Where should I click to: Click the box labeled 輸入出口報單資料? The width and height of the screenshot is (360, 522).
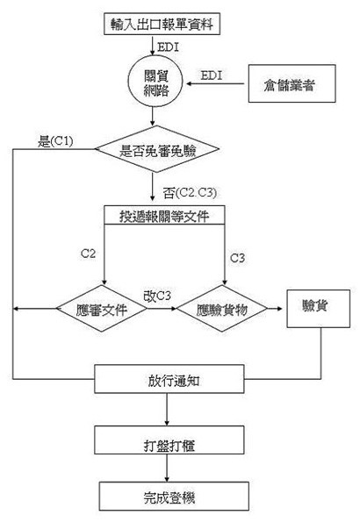tap(162, 24)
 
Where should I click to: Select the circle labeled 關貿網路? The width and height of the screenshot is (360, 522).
tap(155, 81)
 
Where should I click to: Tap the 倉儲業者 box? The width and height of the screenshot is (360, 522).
tap(292, 83)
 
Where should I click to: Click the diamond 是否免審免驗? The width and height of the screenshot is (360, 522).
tap(157, 149)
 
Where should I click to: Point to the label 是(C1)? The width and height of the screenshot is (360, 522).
tap(55, 141)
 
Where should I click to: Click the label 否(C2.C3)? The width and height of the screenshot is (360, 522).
tap(190, 192)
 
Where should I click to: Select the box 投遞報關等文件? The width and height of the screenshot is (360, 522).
tap(164, 215)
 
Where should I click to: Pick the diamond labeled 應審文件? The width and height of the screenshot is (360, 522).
tap(101, 309)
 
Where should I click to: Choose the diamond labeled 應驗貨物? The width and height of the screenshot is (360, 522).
tap(222, 309)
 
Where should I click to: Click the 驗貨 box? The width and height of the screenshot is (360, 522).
tap(319, 309)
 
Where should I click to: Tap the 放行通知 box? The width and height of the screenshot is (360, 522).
tap(169, 379)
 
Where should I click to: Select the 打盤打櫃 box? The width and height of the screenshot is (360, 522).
tap(169, 440)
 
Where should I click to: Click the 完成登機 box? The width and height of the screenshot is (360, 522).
tap(174, 496)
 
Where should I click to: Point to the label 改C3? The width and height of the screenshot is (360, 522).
tap(157, 296)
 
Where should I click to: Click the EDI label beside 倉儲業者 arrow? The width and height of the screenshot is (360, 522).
tap(212, 75)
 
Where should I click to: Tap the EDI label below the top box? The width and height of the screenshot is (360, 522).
tap(168, 47)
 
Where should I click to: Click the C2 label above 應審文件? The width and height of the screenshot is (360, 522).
tap(88, 254)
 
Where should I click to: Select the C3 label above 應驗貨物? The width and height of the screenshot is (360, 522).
tap(237, 258)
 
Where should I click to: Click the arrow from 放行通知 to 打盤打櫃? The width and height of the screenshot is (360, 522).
tap(167, 410)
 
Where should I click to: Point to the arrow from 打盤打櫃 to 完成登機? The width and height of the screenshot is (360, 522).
tap(167, 468)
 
